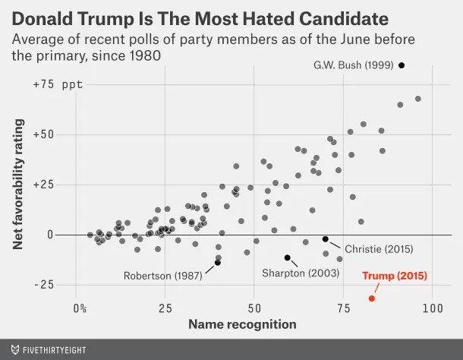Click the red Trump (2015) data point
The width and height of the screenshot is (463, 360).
(372, 298)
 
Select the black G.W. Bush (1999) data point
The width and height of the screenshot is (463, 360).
(402, 65)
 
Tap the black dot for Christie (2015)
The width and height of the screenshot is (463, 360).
(326, 239)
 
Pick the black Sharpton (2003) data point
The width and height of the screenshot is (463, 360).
(287, 257)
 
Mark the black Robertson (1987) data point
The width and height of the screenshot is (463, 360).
(218, 263)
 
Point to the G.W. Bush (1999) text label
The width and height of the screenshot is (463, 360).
(353, 65)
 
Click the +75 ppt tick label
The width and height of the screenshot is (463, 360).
(58, 85)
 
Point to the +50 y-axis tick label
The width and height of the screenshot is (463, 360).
(46, 134)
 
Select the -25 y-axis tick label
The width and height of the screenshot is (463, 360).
(46, 285)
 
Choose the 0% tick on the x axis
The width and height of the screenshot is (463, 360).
(80, 309)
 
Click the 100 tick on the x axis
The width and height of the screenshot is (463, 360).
(432, 309)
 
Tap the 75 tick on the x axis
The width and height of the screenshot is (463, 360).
(343, 309)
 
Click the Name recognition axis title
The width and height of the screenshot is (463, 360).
(242, 325)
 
